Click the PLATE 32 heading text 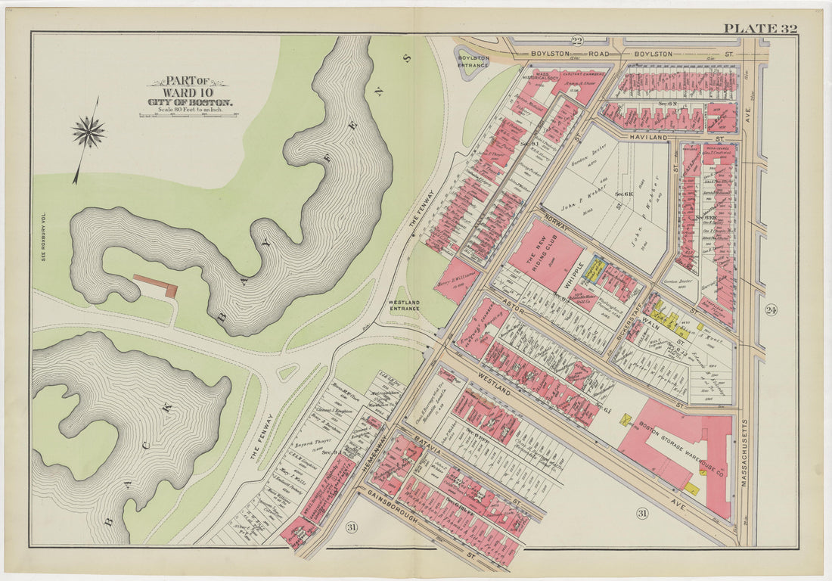760,29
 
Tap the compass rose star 88,133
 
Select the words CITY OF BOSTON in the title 190,102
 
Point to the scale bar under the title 188,115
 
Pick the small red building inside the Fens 156,284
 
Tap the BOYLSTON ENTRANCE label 474,61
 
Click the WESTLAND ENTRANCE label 404,305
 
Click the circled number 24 771,309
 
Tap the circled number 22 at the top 577,41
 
